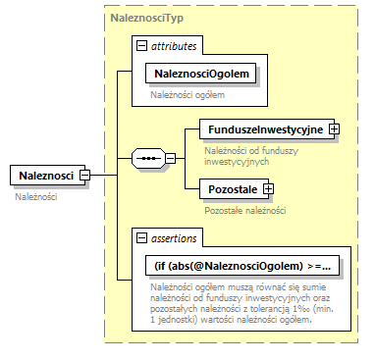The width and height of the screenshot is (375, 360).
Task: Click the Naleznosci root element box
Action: (x=44, y=176)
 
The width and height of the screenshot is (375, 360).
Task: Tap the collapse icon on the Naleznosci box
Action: (x=84, y=176)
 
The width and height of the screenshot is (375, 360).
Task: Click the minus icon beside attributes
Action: (x=142, y=46)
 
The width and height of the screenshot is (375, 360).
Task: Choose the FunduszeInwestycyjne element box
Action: (x=263, y=129)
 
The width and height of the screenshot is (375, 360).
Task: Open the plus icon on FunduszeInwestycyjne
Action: (x=334, y=129)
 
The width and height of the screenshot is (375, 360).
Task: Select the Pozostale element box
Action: (x=231, y=188)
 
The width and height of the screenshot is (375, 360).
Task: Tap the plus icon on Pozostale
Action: (x=267, y=188)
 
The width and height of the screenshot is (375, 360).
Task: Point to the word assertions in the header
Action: (x=174, y=237)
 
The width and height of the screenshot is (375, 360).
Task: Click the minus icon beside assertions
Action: (x=142, y=237)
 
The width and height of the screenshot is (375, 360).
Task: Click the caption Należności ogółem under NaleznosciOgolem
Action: (x=187, y=95)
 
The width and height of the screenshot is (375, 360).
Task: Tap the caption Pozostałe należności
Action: (x=244, y=210)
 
